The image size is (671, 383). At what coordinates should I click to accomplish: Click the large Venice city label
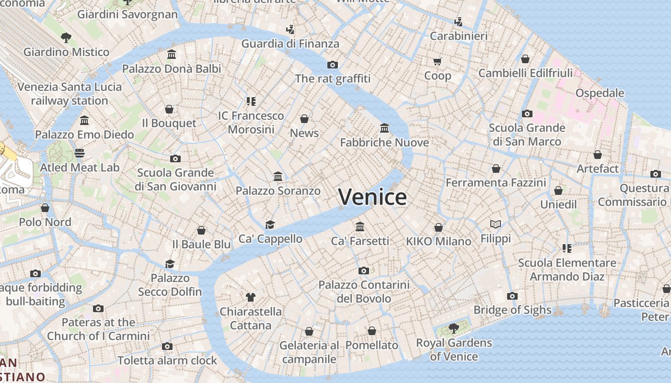(x=372, y=197)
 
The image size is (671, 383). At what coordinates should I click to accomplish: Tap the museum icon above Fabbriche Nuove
(x=384, y=128)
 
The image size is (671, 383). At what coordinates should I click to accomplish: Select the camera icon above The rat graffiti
(x=333, y=65)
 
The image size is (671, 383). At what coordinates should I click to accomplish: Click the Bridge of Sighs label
(x=512, y=310)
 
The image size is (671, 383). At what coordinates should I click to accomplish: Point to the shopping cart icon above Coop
(x=437, y=61)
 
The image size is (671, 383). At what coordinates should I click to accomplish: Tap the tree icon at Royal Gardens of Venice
(x=453, y=328)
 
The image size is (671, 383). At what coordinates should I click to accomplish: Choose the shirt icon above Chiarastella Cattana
(x=250, y=297)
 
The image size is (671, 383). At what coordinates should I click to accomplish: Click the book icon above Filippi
(x=496, y=224)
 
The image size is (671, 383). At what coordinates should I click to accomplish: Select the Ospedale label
(x=600, y=93)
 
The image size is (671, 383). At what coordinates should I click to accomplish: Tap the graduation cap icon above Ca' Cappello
(x=270, y=225)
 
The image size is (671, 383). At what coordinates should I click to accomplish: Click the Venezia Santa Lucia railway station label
(x=69, y=94)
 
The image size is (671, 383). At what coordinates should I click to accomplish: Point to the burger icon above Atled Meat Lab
(x=80, y=153)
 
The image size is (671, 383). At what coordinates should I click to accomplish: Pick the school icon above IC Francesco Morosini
(x=251, y=101)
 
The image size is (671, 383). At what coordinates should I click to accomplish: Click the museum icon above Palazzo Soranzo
(x=278, y=176)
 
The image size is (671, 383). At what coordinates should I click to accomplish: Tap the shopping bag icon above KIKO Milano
(x=439, y=227)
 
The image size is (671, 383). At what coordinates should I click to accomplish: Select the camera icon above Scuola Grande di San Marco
(x=527, y=113)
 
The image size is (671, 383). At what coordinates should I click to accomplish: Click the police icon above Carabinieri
(x=458, y=22)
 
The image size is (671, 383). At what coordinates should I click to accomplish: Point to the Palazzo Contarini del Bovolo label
(x=364, y=292)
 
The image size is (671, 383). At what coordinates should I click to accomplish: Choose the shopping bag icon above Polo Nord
(x=45, y=208)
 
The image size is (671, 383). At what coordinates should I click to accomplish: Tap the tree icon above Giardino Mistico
(x=66, y=37)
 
